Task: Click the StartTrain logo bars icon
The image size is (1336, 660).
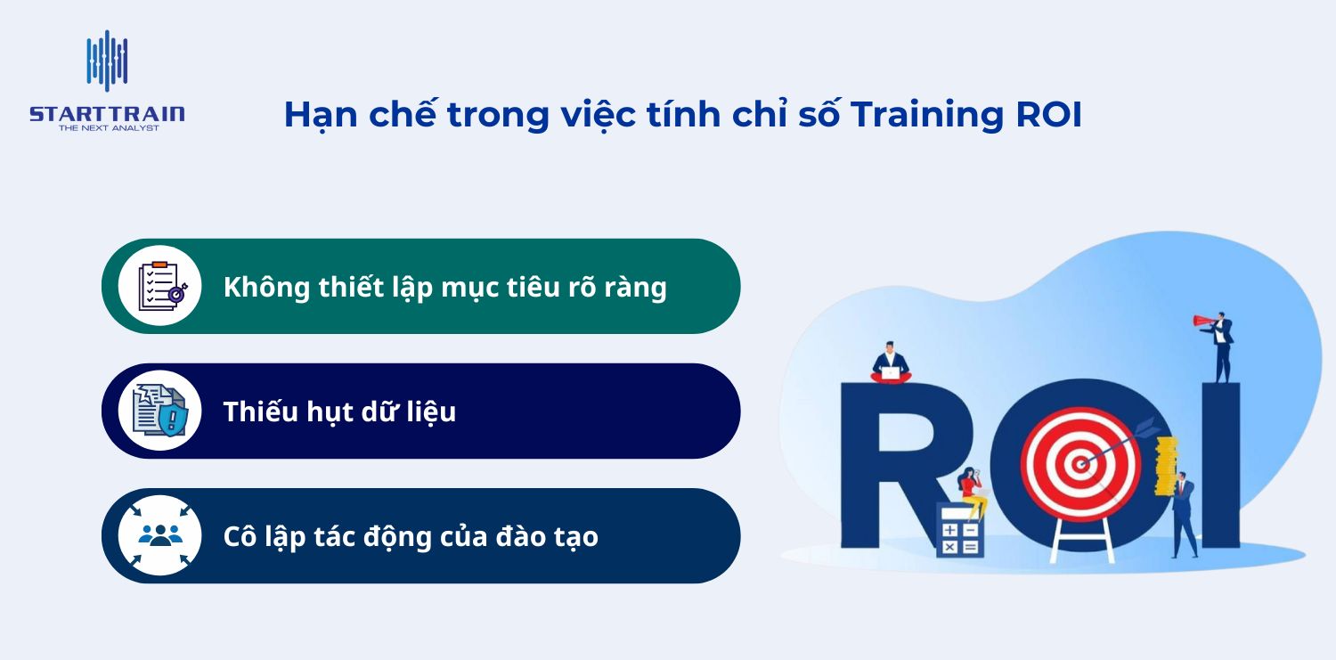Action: pos(107,61)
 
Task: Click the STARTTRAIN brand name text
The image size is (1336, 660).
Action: pos(107,113)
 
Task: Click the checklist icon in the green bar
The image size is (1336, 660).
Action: pos(160,286)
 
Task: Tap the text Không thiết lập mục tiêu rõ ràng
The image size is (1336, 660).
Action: pos(444,287)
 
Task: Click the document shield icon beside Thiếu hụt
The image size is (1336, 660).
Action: pos(160,411)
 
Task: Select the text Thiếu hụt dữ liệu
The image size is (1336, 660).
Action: pos(339,411)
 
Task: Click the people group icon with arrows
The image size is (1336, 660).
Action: pos(160,535)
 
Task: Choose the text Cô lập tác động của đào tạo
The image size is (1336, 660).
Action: pos(411,536)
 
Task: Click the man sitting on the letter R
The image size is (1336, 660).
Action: pos(890,363)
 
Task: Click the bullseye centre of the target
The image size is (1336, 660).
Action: pos(1080,463)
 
